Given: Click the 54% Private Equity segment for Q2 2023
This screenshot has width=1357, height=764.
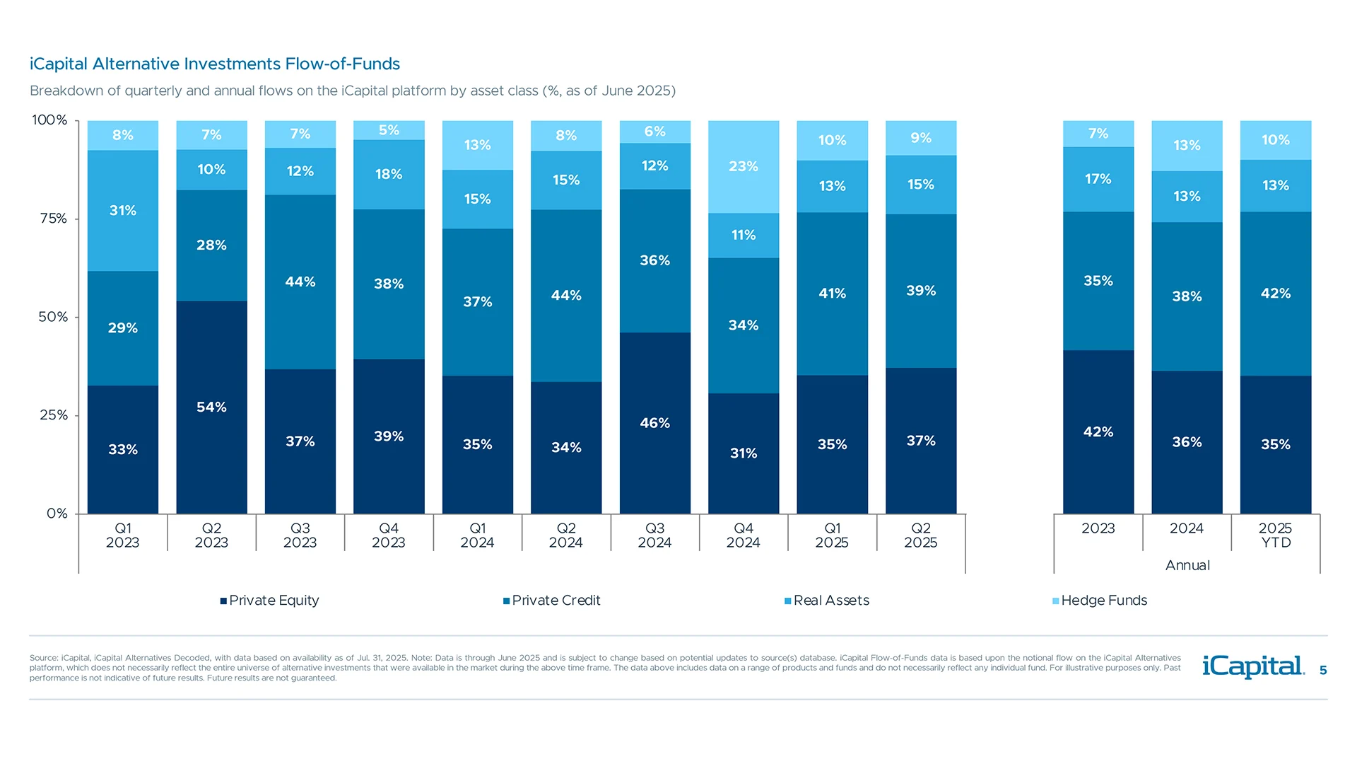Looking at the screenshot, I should (211, 407).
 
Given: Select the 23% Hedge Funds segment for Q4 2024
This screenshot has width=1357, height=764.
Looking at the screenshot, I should (744, 167).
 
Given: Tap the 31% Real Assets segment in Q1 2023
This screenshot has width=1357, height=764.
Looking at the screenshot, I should (123, 211).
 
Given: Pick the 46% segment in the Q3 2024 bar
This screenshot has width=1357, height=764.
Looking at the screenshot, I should (654, 423).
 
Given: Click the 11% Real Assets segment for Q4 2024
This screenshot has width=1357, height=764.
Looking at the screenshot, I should (744, 235).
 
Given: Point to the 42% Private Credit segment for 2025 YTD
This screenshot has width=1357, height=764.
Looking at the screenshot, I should (1275, 293).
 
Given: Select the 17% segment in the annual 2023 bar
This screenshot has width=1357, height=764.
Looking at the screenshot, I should (1098, 179).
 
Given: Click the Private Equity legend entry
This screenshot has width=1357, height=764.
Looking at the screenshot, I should (270, 601).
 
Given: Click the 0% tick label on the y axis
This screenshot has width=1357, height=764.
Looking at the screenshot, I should (57, 514).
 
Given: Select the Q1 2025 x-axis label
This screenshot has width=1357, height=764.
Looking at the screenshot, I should (832, 536).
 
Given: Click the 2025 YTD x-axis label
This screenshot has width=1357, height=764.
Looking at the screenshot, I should (1275, 536).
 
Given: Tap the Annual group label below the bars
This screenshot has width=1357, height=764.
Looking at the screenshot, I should (1187, 565).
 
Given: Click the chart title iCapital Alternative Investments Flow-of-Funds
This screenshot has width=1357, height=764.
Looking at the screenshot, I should (215, 64).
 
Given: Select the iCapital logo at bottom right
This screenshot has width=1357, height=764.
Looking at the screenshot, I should (1252, 666).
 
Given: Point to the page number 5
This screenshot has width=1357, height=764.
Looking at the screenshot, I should (1323, 671).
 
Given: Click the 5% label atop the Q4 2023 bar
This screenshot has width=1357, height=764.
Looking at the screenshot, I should (389, 130).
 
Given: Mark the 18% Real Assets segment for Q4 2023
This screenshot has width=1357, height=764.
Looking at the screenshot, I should (389, 174).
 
